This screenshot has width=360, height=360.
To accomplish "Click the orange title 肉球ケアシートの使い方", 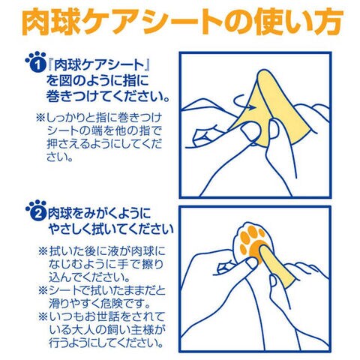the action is point(182,22).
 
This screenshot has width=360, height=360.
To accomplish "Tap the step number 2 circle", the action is point(38,213).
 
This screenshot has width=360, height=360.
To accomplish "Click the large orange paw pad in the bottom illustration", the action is point(257,252).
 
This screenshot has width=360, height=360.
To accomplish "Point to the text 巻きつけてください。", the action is point(108,96).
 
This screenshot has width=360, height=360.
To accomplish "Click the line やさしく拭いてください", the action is point(111,229).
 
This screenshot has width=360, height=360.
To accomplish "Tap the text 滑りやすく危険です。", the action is point(100,304).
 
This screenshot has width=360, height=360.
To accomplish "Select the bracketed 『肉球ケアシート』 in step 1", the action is point(98,65).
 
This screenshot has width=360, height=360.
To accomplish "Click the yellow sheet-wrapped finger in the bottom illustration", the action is point(278,266).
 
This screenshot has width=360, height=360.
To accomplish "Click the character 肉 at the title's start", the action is point(37,22).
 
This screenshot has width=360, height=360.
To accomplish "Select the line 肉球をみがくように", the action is point(100,213).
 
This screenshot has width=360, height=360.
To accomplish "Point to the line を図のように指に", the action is point(97,81).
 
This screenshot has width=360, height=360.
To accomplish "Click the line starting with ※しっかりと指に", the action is point(99,118).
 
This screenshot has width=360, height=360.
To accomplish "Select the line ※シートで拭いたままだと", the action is point(102,290).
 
